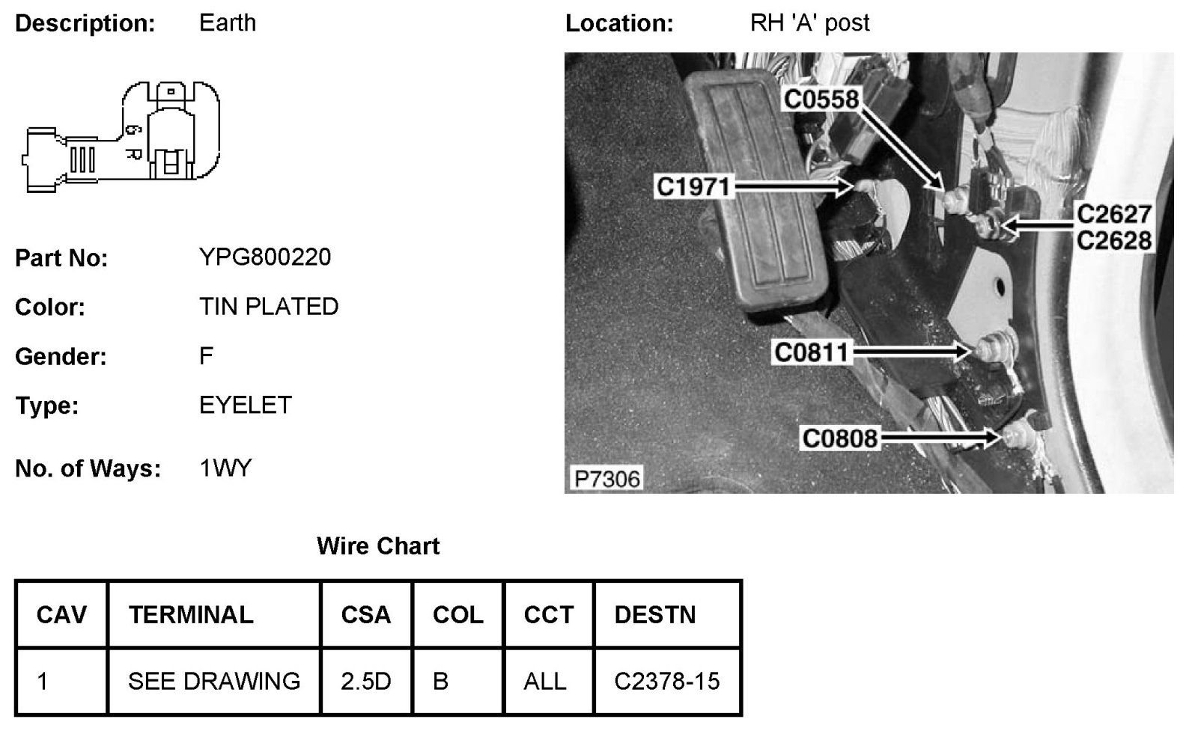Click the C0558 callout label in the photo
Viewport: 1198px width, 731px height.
coord(821,98)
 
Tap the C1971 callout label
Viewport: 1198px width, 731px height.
coord(693,186)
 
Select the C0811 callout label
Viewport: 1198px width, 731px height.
coord(811,352)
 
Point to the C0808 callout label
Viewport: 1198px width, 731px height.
coord(839,438)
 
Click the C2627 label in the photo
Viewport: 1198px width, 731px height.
coord(1113,215)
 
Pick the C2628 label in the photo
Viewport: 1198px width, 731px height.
coord(1113,240)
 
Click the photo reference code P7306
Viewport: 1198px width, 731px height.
coord(607,478)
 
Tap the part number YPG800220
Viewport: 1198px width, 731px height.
coord(265,257)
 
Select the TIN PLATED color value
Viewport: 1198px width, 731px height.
coord(269,307)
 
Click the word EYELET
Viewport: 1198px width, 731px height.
coord(245,406)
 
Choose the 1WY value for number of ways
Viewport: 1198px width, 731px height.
coord(225,469)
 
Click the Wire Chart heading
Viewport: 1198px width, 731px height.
coord(378,546)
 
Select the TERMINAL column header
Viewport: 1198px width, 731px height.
coord(191,615)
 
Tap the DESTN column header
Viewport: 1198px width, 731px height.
coord(655,615)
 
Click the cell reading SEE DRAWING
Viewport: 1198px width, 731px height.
coord(214,682)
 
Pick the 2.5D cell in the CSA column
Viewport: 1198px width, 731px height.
coord(365,682)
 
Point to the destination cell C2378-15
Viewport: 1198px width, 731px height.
coord(666,682)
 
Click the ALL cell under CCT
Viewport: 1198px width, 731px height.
coord(545,682)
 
